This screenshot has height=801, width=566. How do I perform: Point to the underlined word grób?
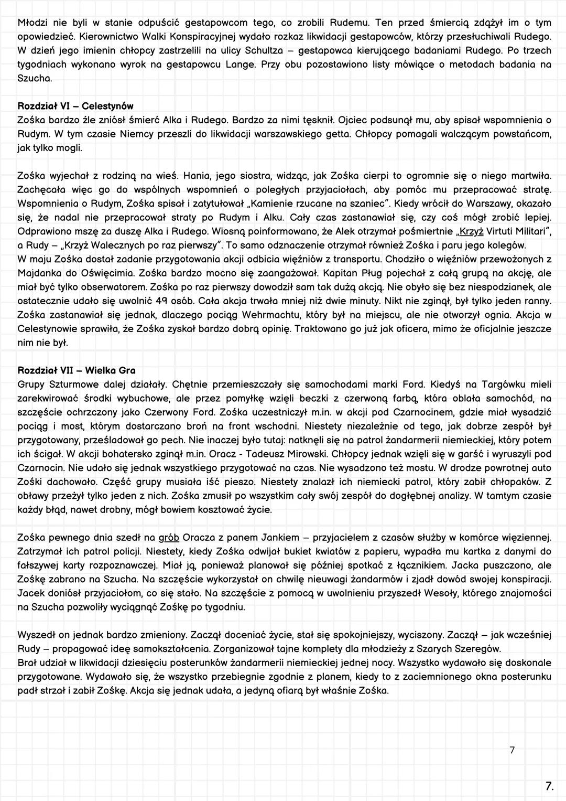click(x=169, y=538)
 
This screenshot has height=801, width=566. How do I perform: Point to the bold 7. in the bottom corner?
click(x=549, y=786)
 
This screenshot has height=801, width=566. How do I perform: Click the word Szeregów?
click(x=475, y=649)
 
